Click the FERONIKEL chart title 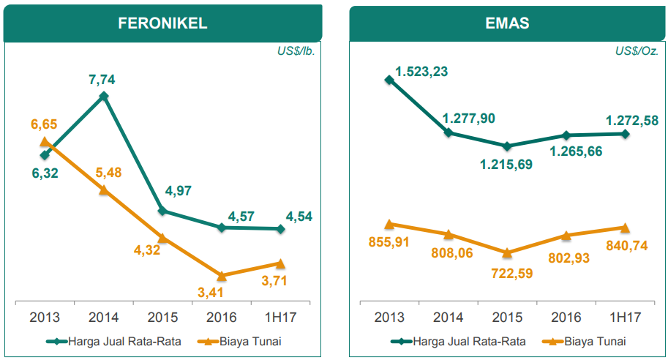click(x=162, y=23)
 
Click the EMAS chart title click(x=507, y=23)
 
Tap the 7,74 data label click(x=103, y=77)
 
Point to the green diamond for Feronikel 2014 click(x=104, y=96)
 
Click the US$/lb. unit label click(x=296, y=52)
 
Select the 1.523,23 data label click(x=421, y=72)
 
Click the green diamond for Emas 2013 click(x=389, y=80)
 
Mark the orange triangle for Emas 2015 click(x=507, y=252)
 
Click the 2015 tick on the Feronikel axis click(x=162, y=318)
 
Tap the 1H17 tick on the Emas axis click(x=625, y=318)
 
